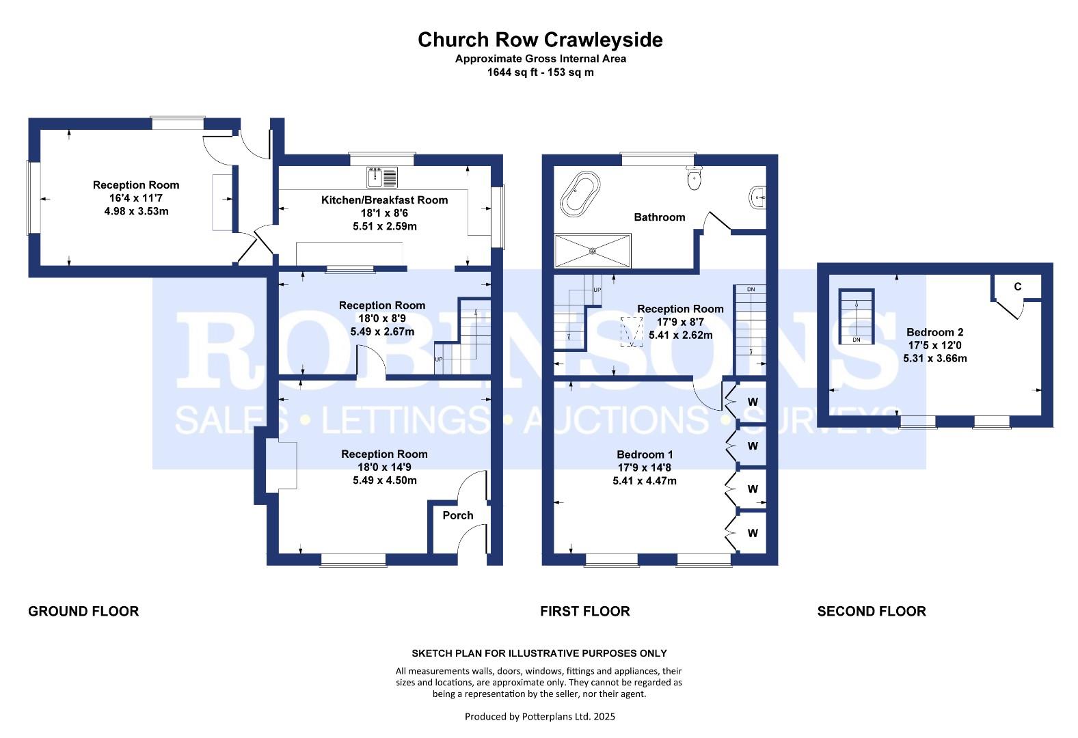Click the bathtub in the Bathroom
[x=580, y=194]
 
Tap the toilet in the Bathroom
[x=694, y=178]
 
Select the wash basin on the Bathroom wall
[x=757, y=197]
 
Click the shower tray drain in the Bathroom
[x=593, y=251]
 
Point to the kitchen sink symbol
[x=382, y=177]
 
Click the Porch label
[x=458, y=515]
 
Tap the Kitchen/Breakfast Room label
[x=385, y=200]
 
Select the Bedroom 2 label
[x=934, y=332]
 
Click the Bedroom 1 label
[x=645, y=454]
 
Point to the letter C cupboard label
[x=1017, y=287]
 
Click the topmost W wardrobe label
[x=753, y=402]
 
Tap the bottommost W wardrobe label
[x=753, y=533]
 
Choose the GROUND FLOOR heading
[x=83, y=611]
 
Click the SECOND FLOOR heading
[x=872, y=611]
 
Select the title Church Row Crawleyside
[x=540, y=40]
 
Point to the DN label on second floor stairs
[x=856, y=340]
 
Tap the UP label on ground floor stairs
[x=438, y=359]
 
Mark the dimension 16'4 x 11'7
[x=136, y=197]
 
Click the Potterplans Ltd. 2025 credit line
[x=539, y=716]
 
